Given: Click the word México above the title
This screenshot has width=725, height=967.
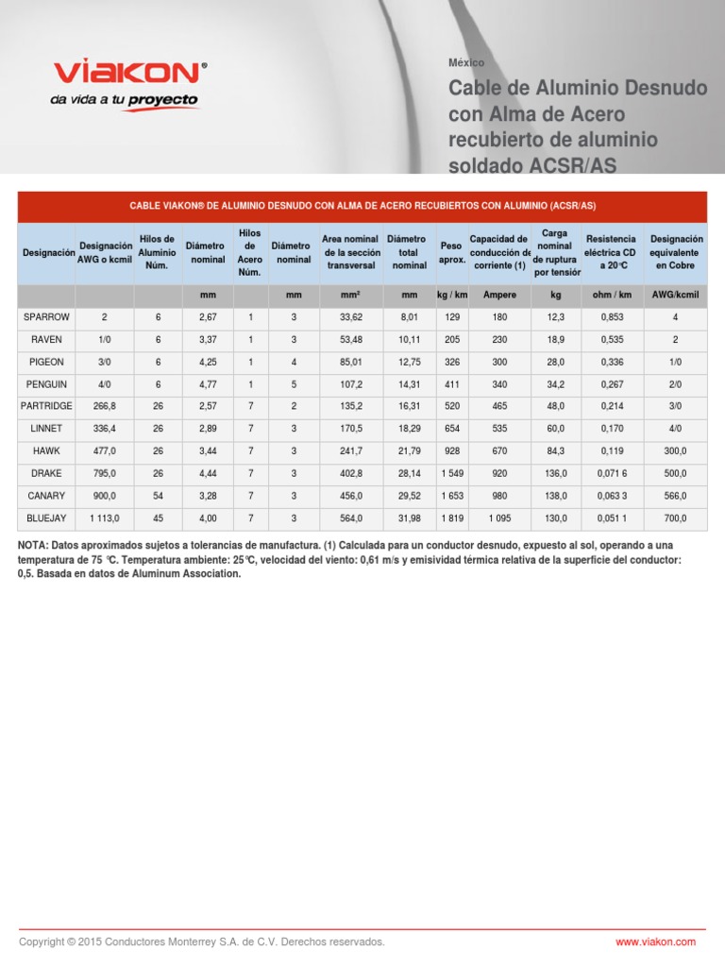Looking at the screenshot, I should [466, 62].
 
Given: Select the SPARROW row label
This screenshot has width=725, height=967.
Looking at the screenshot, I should [47, 317].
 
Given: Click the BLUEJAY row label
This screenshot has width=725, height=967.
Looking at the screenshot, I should [47, 517].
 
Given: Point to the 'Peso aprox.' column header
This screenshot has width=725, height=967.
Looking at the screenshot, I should [452, 252].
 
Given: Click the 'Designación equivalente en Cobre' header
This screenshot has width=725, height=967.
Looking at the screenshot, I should [676, 252].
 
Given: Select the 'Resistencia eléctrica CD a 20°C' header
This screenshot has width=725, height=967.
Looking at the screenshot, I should [611, 252].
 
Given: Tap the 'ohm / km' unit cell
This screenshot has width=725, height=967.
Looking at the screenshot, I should [611, 296].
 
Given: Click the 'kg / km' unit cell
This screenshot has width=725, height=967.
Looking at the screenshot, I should [452, 296].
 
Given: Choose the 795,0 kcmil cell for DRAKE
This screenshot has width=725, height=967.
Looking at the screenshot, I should [105, 473].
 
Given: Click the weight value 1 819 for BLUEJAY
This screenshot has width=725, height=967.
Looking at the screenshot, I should [452, 517].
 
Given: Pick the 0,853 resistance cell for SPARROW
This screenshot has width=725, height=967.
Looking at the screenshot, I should [611, 317].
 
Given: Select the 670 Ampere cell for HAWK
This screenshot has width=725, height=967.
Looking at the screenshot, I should [499, 450].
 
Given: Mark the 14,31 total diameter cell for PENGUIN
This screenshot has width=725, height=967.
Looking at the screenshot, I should [409, 384].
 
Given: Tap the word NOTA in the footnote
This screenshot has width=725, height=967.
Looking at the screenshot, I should [35, 546].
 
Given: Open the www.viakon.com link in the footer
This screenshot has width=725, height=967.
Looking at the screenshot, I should [655, 942].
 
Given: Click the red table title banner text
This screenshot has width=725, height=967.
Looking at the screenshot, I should [362, 206].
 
